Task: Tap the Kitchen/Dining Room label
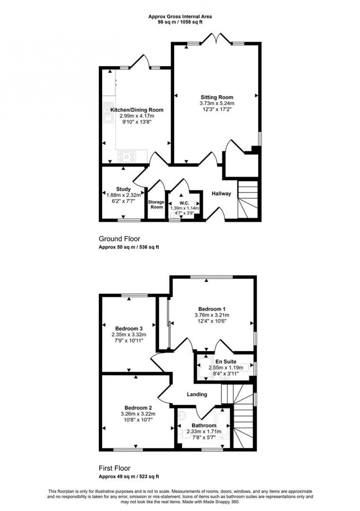pyautogui.click(x=137, y=110)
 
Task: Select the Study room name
pyautogui.click(x=123, y=189)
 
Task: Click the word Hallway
pyautogui.click(x=221, y=194)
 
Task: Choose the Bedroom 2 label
pyautogui.click(x=138, y=408)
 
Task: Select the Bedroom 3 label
pyautogui.click(x=129, y=328)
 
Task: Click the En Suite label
pyautogui.click(x=226, y=362)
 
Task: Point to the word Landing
pyautogui.click(x=197, y=394)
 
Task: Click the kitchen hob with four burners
pyautogui.click(x=127, y=157)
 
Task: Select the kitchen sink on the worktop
pyautogui.click(x=108, y=118)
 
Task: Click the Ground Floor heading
pyautogui.click(x=119, y=239)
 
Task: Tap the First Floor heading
pyautogui.click(x=115, y=468)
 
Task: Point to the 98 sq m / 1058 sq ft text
pyautogui.click(x=180, y=22)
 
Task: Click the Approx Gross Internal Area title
pyautogui.click(x=180, y=16)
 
